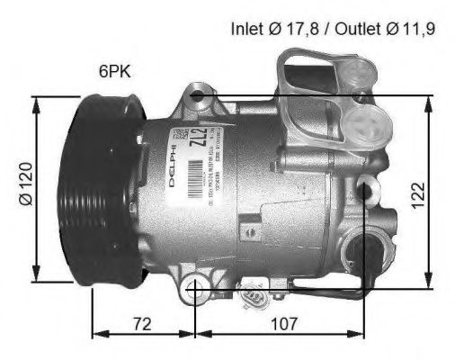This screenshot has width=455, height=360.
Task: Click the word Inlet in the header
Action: (x=247, y=28)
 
